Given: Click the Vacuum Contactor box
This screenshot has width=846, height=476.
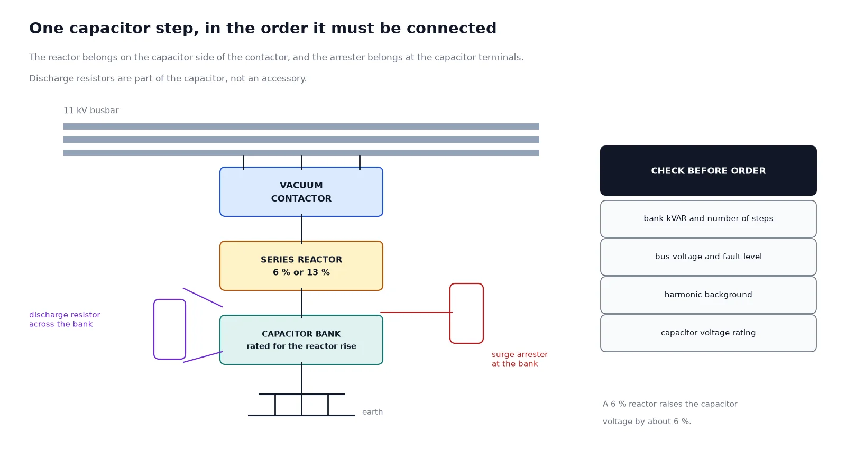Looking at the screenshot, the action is [x=301, y=191].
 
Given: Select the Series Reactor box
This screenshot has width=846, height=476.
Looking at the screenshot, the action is [x=301, y=266].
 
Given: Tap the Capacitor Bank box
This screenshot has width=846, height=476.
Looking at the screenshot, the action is [x=301, y=340].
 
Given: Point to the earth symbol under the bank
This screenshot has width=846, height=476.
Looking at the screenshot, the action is [x=301, y=405].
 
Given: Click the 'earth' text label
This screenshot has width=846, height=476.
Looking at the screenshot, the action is [x=372, y=412].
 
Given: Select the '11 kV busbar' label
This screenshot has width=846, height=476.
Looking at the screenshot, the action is [x=91, y=111].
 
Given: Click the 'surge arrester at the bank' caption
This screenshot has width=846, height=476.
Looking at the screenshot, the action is [x=520, y=359].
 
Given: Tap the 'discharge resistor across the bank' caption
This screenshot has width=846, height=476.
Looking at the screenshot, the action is [x=65, y=319].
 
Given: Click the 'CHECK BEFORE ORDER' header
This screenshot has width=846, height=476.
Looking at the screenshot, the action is [x=708, y=170].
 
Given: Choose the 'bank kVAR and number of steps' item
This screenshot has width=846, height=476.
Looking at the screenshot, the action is [x=708, y=219].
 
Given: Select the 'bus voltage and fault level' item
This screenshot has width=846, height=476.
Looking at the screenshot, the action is [x=708, y=257].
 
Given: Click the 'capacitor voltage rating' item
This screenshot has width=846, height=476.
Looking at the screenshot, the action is [x=708, y=333].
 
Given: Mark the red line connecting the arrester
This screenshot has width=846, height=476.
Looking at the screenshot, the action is [x=417, y=313].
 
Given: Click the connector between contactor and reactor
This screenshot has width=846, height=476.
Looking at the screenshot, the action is [x=301, y=229].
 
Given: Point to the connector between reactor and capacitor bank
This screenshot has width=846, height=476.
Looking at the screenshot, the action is [x=301, y=303].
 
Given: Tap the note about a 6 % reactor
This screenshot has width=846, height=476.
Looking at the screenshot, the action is [x=670, y=413].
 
